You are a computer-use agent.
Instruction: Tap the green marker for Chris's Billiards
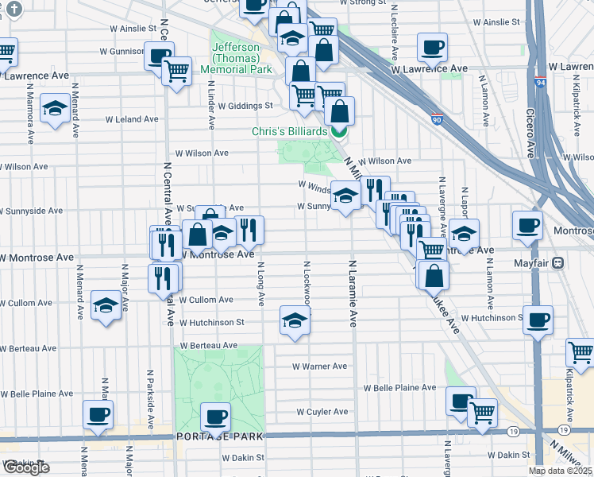(339, 130)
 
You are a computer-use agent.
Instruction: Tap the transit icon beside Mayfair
(558, 262)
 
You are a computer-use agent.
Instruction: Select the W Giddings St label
(245, 105)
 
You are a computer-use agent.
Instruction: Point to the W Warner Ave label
(319, 366)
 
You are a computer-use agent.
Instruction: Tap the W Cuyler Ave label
(322, 412)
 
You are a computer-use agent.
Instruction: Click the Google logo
(25, 467)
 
